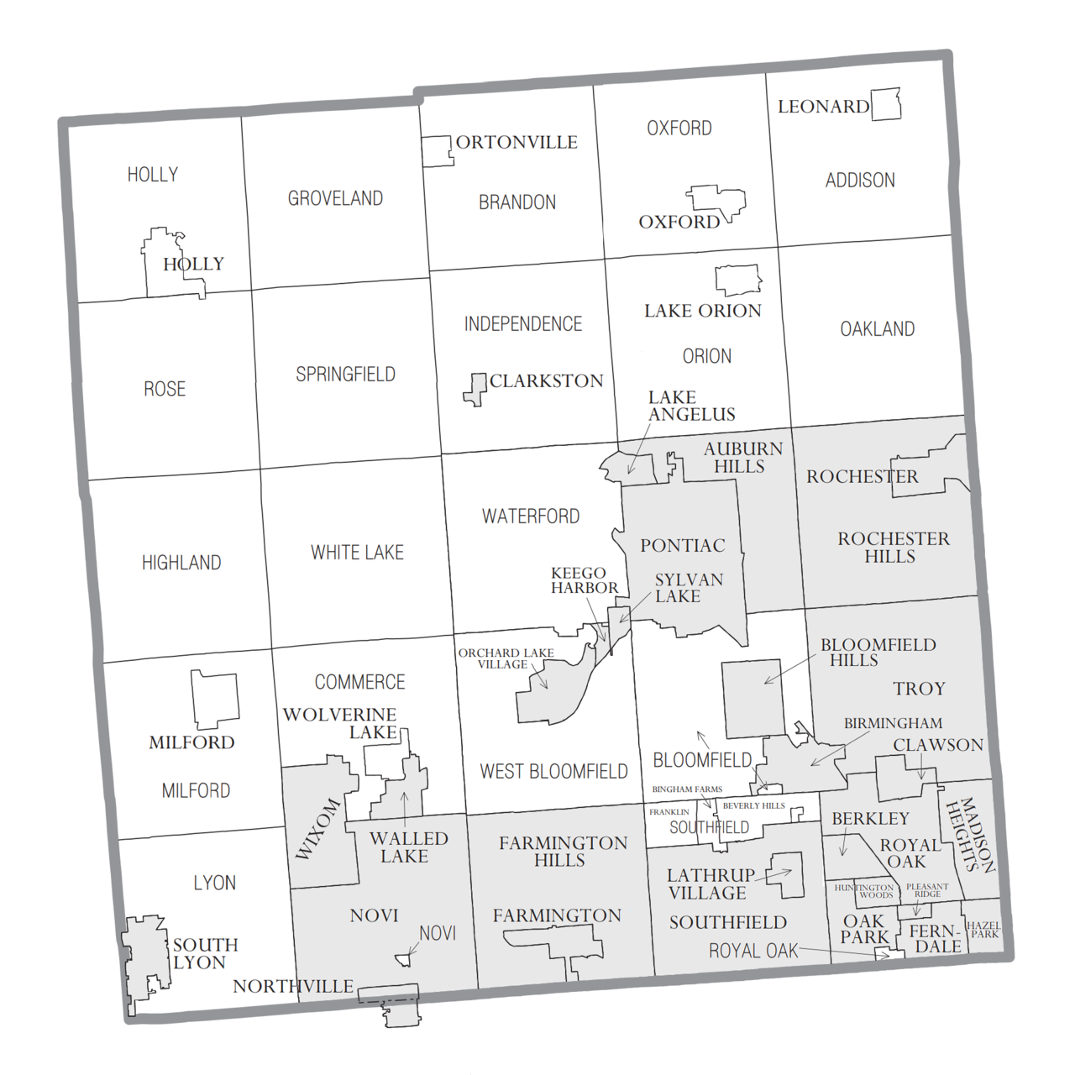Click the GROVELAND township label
tap(335, 198)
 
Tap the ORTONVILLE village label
tap(517, 142)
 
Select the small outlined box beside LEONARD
tap(885, 105)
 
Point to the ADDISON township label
tap(860, 180)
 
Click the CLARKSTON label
tap(546, 381)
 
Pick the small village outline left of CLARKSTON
tap(476, 390)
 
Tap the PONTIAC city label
tap(682, 546)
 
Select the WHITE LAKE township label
tap(357, 553)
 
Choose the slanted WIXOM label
tap(318, 829)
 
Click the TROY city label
tap(919, 689)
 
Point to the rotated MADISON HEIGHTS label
tap(970, 836)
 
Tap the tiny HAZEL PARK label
tap(983, 930)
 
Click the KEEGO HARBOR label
tap(584, 580)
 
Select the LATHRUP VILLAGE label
tap(710, 884)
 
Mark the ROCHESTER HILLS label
tap(893, 548)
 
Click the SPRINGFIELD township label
tap(345, 375)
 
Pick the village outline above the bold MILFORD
tap(214, 699)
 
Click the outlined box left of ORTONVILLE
tap(437, 151)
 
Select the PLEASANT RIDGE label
tap(927, 890)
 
